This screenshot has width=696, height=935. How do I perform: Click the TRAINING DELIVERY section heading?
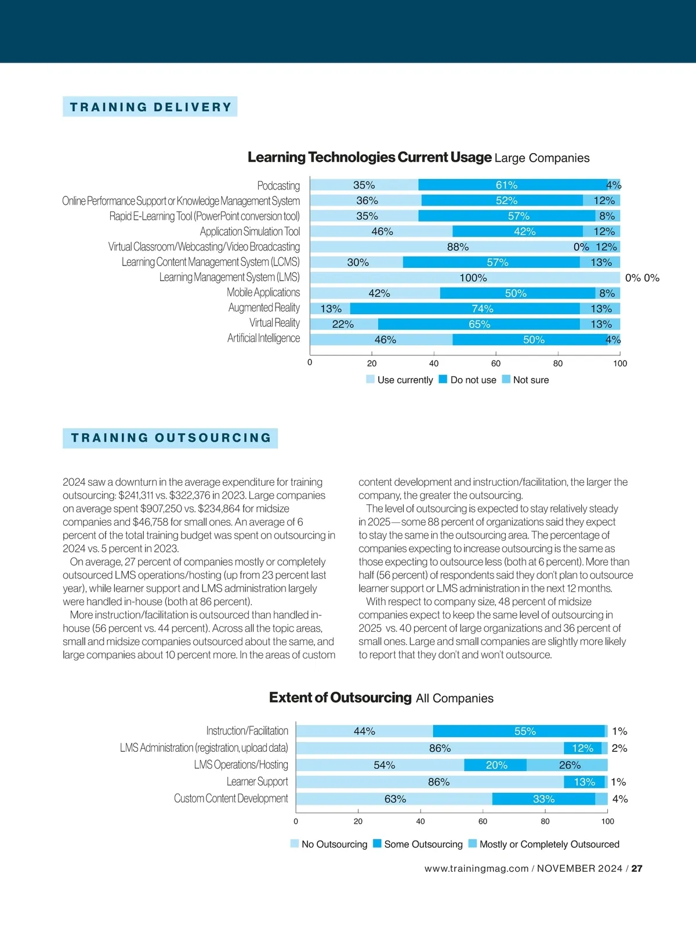pos(150,107)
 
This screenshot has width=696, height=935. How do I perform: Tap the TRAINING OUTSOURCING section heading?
pos(171,438)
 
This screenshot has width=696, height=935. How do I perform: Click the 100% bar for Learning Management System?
pos(465,278)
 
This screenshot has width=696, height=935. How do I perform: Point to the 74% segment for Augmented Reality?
pos(465,309)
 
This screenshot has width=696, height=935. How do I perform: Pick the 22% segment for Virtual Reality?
pos(344,324)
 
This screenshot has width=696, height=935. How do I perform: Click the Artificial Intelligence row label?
pos(263,339)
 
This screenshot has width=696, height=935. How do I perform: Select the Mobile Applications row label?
pos(263,293)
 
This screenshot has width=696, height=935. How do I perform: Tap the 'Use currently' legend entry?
pos(400,380)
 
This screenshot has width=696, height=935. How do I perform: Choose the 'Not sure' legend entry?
pos(525,380)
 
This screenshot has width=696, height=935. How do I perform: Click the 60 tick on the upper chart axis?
pos(496,363)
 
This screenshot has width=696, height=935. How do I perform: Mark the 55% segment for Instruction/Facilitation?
pos(519,732)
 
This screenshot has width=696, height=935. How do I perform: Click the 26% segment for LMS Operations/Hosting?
pos(567,765)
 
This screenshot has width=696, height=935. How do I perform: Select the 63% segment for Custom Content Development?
pos(394,799)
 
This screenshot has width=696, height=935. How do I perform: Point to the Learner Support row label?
pos(257,782)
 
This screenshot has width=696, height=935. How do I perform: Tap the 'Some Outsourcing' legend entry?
pos(418,845)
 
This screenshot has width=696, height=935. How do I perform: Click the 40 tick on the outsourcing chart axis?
pos(420,821)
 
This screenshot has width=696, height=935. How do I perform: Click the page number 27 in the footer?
pos(637,869)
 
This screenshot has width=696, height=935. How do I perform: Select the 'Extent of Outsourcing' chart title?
pos(340,698)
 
